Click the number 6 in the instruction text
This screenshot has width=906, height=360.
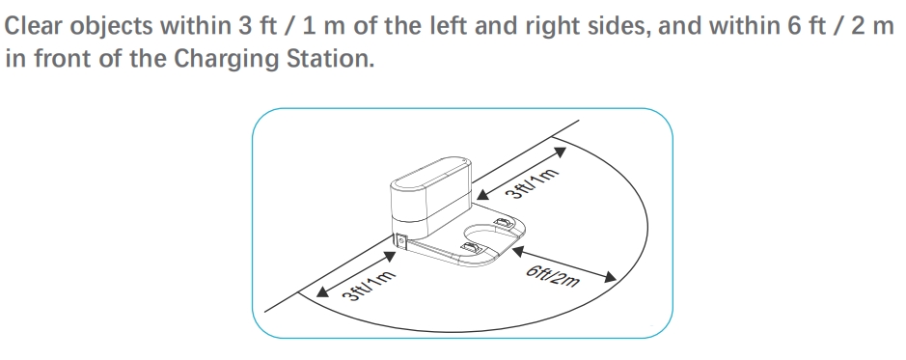click(793, 26)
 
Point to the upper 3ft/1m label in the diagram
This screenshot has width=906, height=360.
click(533, 184)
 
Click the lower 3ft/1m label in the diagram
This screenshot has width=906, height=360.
click(369, 286)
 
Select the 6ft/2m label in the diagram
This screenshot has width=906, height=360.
click(553, 276)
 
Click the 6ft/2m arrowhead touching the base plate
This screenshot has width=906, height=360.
click(518, 251)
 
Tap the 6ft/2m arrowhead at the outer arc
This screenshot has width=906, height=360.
click(610, 277)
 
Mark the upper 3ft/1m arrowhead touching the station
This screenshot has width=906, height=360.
click(483, 194)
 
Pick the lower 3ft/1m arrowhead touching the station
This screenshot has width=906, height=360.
click(390, 257)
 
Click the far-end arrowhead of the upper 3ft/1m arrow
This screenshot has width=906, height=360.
click(560, 152)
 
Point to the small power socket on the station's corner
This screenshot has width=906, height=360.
click(400, 241)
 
